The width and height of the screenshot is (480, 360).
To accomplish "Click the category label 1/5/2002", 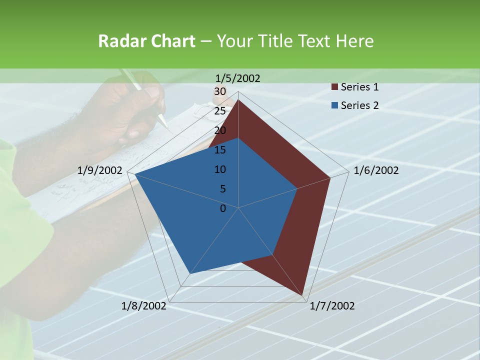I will (x=238, y=78).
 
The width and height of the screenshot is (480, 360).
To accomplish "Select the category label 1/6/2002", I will (x=376, y=170).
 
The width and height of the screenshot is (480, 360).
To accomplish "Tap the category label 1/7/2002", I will (x=332, y=306).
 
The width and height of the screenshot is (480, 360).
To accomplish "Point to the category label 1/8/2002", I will (x=144, y=306).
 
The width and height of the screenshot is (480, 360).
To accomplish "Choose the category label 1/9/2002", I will (x=99, y=170).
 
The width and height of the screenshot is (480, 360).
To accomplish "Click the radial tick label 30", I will (x=220, y=91).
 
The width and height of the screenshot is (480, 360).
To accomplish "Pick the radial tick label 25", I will (x=220, y=111).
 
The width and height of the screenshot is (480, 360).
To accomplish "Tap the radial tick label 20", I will (x=220, y=130).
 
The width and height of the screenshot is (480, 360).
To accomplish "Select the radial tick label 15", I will (x=220, y=150).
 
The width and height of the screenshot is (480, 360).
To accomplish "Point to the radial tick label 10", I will (x=220, y=169).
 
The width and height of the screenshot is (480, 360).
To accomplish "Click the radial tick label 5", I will (x=222, y=189).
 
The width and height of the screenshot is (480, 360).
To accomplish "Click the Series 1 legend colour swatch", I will (x=334, y=87).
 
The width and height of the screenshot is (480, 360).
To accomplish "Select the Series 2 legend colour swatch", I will (x=334, y=105).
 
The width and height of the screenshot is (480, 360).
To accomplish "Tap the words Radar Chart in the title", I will (x=146, y=41).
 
